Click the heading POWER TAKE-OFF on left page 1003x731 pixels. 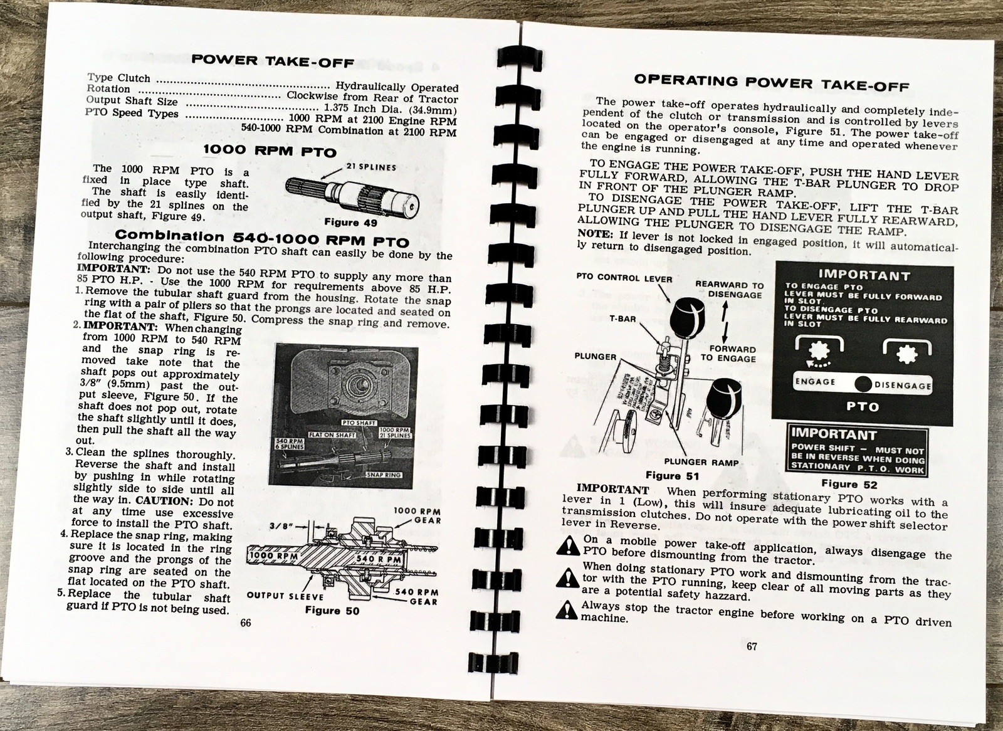tap(273, 61)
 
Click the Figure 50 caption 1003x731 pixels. tap(332, 610)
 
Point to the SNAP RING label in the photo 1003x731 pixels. tap(382, 475)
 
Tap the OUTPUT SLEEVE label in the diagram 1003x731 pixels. tap(285, 596)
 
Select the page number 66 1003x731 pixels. tap(245, 623)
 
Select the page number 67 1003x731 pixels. tap(752, 647)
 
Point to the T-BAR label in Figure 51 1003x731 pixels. tap(623, 318)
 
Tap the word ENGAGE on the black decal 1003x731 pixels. tap(815, 382)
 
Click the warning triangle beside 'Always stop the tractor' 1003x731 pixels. tap(567, 608)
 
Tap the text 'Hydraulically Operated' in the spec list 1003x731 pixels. tap(397, 87)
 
